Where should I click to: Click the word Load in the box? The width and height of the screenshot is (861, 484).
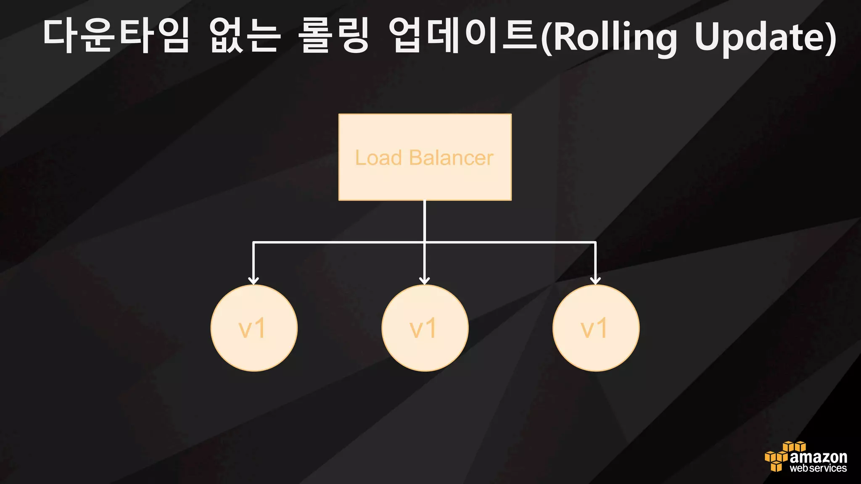click(378, 158)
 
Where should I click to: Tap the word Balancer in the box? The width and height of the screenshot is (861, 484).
click(451, 158)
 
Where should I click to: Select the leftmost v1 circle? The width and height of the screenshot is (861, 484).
click(254, 328)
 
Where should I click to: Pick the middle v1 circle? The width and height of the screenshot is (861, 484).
click(425, 328)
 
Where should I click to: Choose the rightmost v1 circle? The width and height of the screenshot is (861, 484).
click(596, 328)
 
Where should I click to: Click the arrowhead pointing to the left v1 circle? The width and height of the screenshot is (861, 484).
click(253, 280)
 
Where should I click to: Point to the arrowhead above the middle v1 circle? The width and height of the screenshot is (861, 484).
click(425, 280)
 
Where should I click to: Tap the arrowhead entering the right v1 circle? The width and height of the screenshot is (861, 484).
click(595, 280)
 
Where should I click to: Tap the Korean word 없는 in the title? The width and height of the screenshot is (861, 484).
click(245, 36)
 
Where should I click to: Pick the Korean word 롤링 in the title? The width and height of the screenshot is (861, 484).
click(334, 36)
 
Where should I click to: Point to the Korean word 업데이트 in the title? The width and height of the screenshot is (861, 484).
click(462, 36)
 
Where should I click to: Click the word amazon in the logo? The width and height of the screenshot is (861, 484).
click(818, 457)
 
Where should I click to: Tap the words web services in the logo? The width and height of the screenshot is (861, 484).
click(818, 468)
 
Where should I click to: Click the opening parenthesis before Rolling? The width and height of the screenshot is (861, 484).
click(546, 38)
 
